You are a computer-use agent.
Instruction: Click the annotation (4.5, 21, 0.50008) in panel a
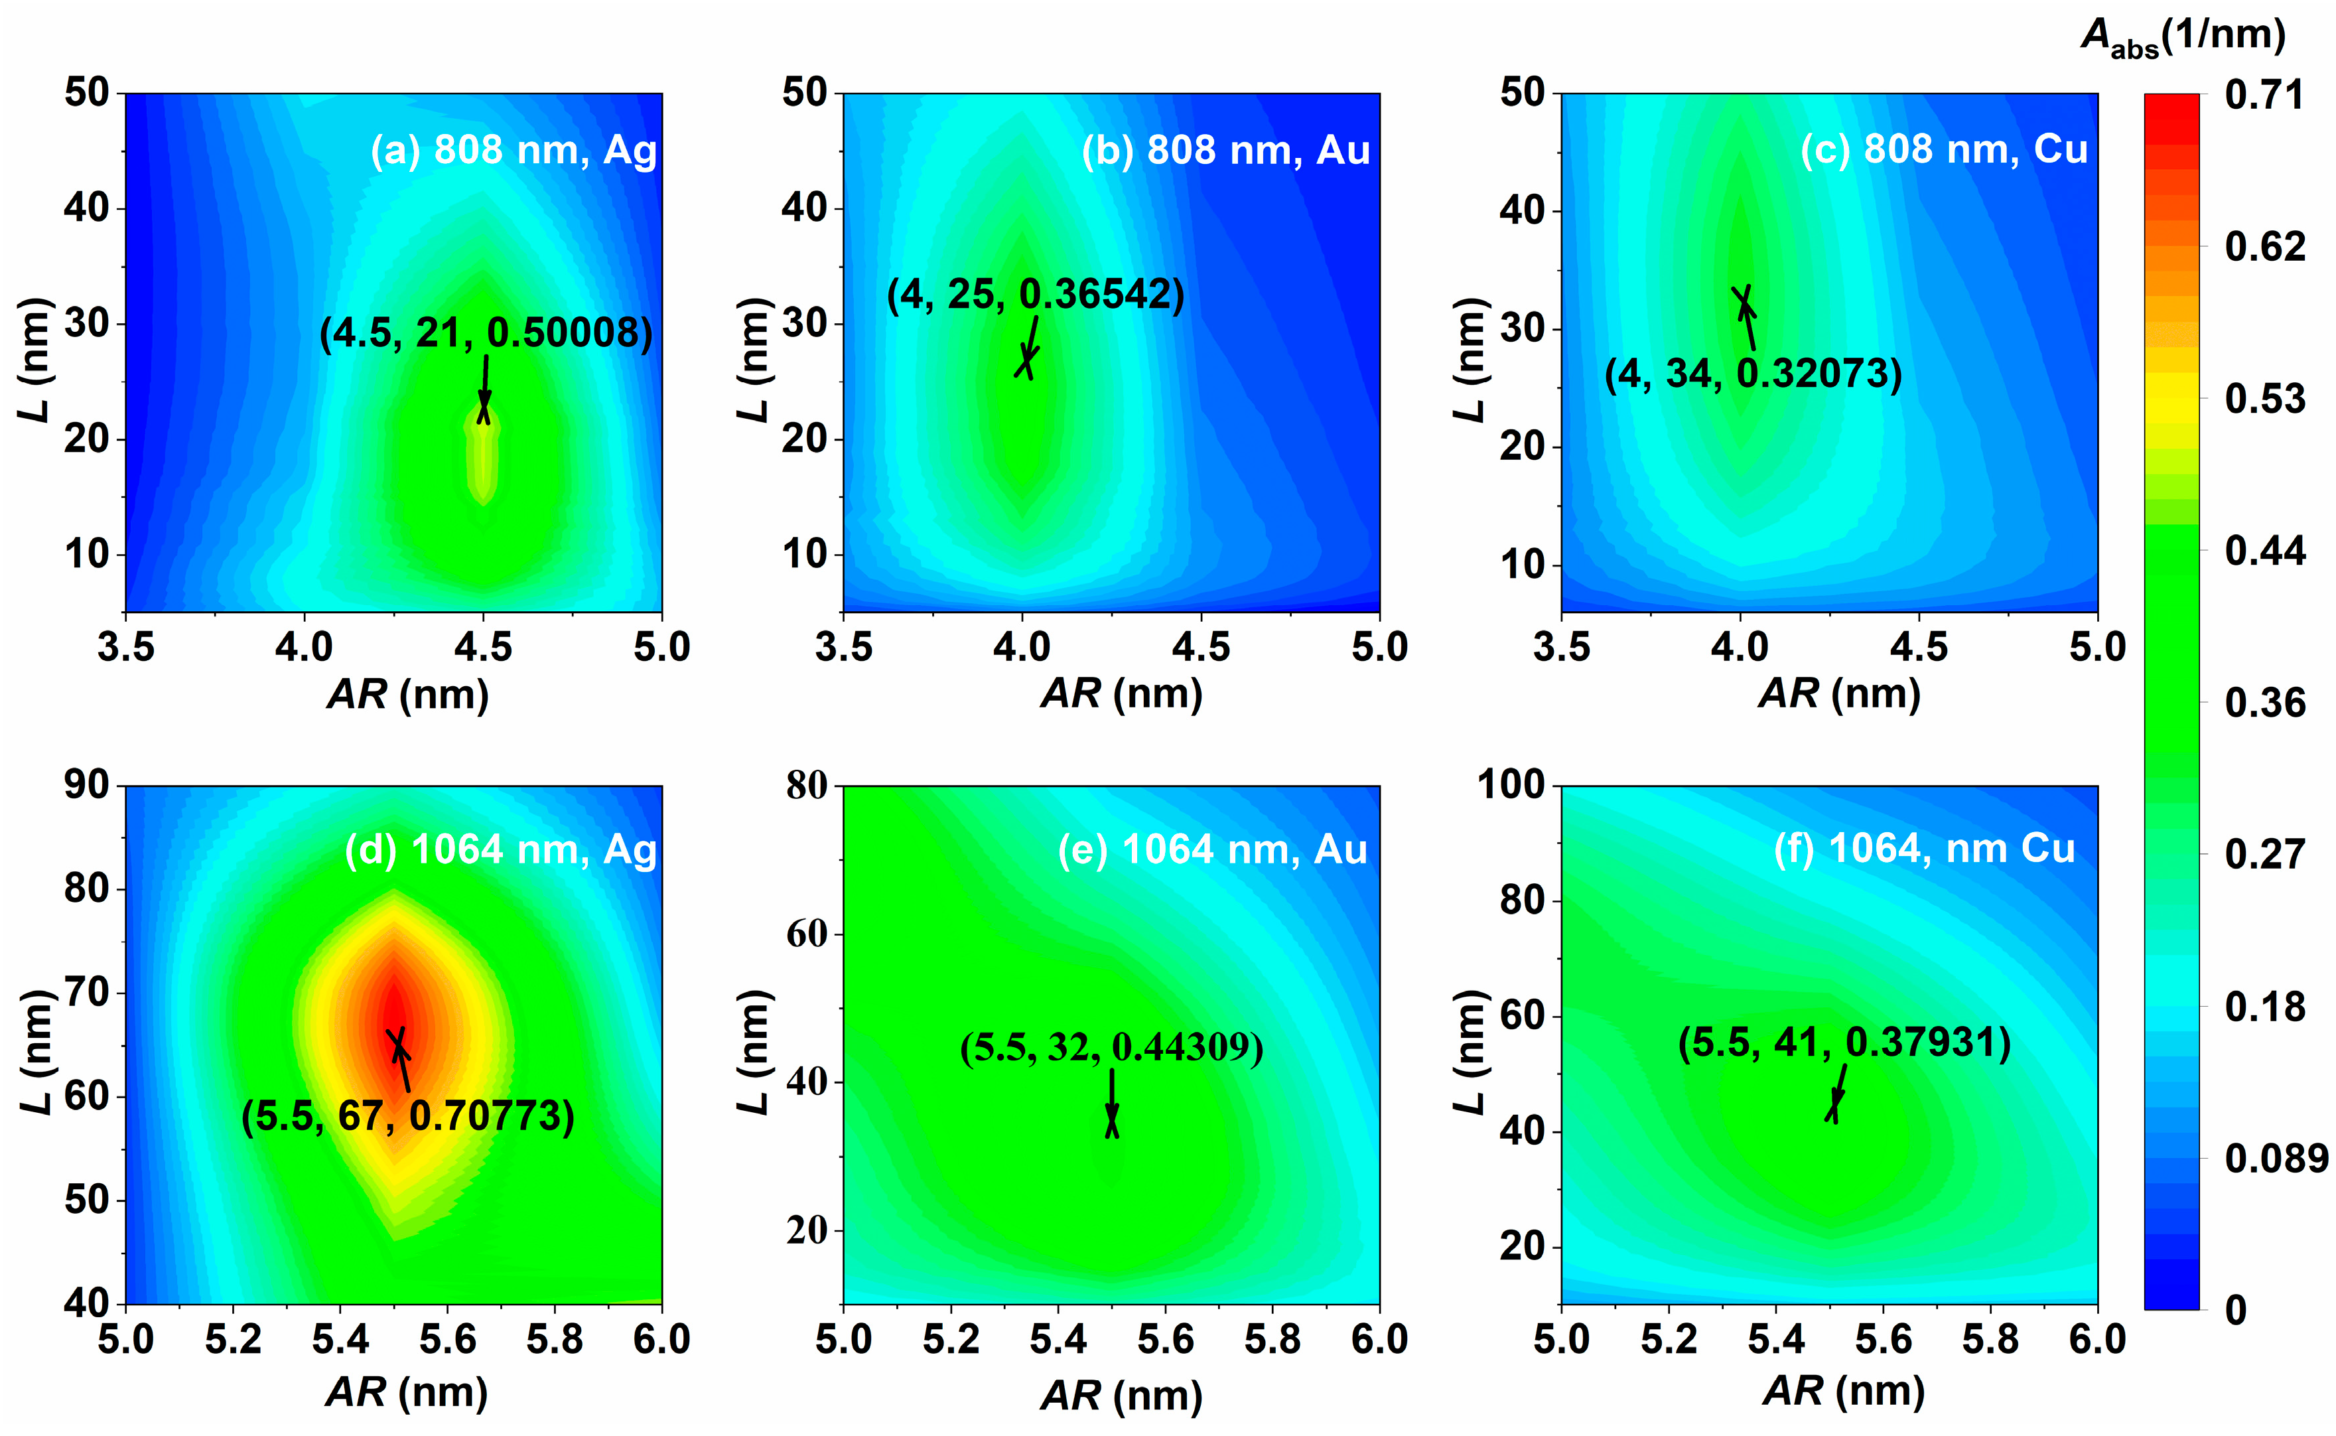pyautogui.click(x=485, y=333)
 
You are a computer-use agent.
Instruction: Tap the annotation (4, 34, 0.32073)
pyautogui.click(x=1753, y=373)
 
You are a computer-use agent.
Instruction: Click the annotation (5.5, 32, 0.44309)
pyautogui.click(x=1111, y=1048)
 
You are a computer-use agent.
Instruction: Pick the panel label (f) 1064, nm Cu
pyautogui.click(x=1924, y=848)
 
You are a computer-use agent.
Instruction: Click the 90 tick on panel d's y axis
pyautogui.click(x=88, y=786)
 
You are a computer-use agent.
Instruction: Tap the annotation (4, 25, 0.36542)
pyautogui.click(x=1035, y=295)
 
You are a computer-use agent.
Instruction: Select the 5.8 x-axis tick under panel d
pyautogui.click(x=555, y=1340)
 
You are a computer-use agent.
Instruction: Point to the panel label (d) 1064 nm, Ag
pyautogui.click(x=500, y=850)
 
